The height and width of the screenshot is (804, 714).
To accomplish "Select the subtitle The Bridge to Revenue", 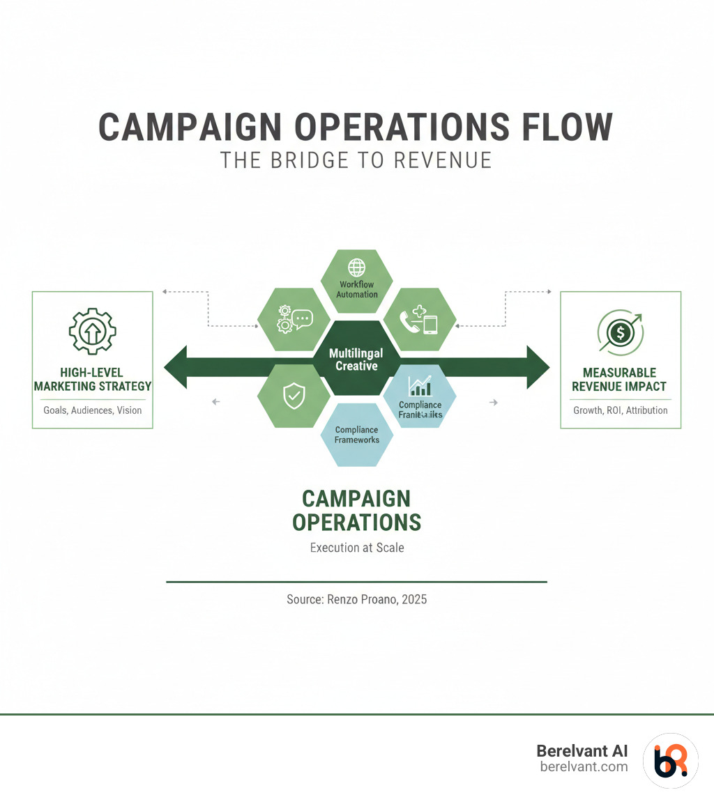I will [x=356, y=160].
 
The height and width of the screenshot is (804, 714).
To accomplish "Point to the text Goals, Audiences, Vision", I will [x=92, y=410].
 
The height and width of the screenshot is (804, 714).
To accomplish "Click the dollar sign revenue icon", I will [x=620, y=332].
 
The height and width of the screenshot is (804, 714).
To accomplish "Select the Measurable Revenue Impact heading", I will [x=620, y=380].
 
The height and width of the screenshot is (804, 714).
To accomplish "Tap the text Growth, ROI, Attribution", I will [x=620, y=410].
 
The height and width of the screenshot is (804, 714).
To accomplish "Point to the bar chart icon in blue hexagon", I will [x=420, y=385].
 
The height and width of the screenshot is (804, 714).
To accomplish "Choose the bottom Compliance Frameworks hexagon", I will [x=357, y=435].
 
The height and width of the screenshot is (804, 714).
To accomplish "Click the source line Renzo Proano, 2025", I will [x=356, y=598].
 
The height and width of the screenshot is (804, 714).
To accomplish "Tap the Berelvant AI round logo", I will [x=670, y=760].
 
